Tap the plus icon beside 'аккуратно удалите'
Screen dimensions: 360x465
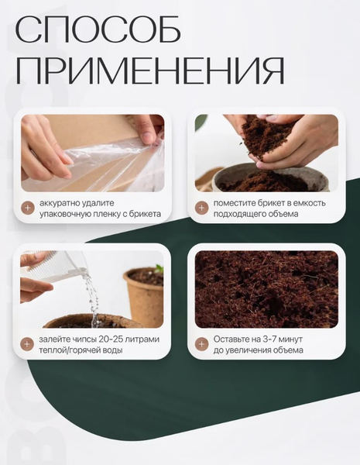tap(28, 208)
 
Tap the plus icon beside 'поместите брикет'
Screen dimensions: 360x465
tap(201, 208)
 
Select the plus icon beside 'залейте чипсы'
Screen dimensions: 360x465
tap(27, 344)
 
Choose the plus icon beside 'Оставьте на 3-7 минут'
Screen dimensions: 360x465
tap(201, 344)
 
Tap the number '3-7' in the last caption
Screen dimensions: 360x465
tap(262, 339)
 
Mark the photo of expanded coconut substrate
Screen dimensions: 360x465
tap(266, 289)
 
